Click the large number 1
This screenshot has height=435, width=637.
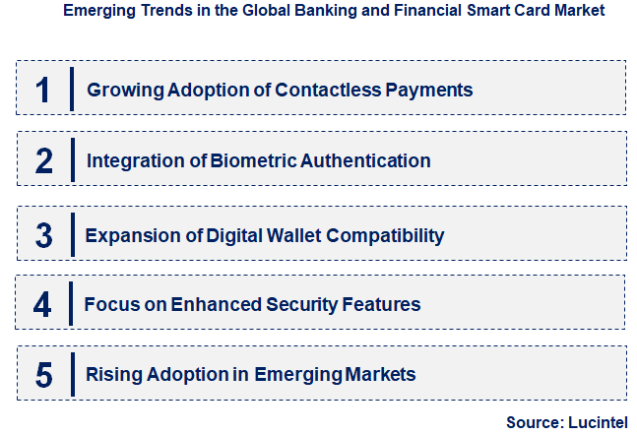point(42,89)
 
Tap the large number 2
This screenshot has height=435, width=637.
point(43,160)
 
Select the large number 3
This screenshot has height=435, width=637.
point(43,235)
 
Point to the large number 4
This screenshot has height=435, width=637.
point(42,304)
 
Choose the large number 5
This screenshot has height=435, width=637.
point(43,374)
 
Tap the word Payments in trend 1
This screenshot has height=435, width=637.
point(430,90)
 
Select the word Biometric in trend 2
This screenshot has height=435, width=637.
point(255,160)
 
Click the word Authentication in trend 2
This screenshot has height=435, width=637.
point(366,160)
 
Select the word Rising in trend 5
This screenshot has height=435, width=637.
point(112,375)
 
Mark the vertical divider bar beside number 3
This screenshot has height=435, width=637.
point(72,234)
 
